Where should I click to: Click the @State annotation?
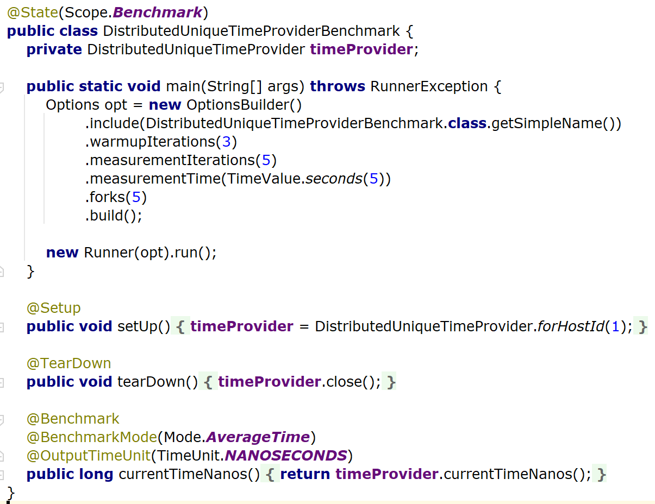(x=32, y=12)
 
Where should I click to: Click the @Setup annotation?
(x=53, y=308)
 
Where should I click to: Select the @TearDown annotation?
(x=68, y=363)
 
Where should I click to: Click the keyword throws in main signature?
(x=337, y=86)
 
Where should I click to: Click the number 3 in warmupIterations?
(x=226, y=142)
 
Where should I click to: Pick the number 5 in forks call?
(x=136, y=197)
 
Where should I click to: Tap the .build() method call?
(x=113, y=216)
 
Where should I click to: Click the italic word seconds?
(x=333, y=179)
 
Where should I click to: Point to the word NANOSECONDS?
(x=286, y=455)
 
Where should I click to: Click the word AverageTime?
(x=258, y=437)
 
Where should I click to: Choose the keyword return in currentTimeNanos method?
(x=305, y=474)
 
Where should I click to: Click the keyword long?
(x=96, y=474)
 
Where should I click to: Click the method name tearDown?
(x=151, y=382)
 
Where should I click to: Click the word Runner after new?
(x=109, y=253)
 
